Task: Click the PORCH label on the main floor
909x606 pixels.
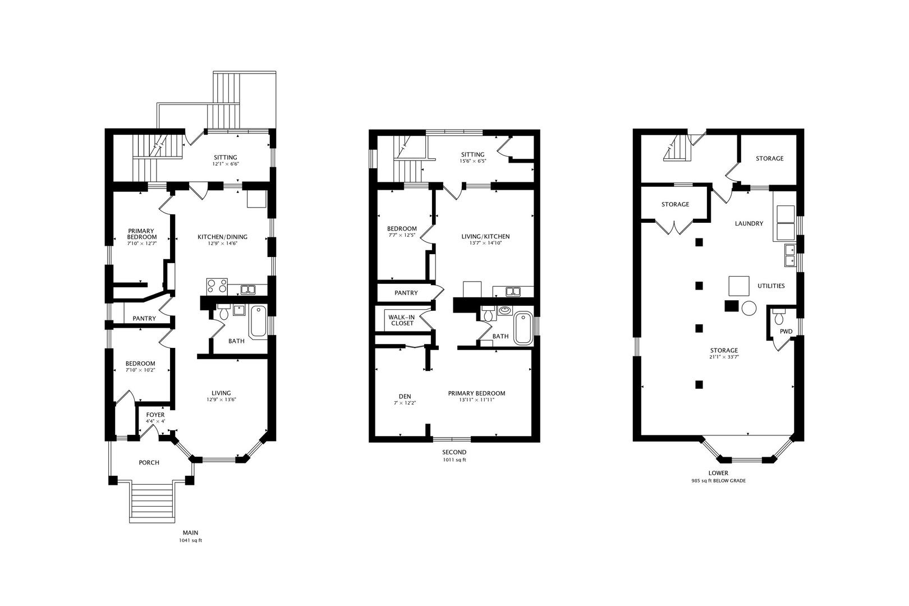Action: pos(149,463)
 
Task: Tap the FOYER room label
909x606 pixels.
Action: pos(155,415)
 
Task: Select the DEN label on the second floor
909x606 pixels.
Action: pos(405,397)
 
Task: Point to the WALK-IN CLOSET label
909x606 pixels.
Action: pos(402,320)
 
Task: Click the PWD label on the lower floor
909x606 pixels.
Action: pos(786,332)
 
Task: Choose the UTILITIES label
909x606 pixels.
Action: pos(771,286)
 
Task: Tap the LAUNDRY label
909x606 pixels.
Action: pos(749,224)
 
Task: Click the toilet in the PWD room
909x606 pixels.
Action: pos(779,316)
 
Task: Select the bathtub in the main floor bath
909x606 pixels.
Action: pos(258,322)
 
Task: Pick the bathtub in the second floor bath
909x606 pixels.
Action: pos(523,328)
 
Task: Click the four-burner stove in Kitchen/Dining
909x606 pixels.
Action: pos(217,286)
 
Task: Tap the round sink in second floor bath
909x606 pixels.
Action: pos(504,310)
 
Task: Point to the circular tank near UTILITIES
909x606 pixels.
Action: pos(749,309)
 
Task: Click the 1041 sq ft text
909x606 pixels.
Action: pos(190,541)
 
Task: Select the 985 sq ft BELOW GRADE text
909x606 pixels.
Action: pos(718,481)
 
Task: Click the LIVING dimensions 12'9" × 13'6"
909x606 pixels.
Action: pos(221,400)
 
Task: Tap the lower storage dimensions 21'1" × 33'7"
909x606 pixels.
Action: pos(724,357)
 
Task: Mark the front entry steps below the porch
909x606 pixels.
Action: pos(153,502)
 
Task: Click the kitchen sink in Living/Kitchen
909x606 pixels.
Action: pos(513,291)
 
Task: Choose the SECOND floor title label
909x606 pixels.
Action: pos(454,452)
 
